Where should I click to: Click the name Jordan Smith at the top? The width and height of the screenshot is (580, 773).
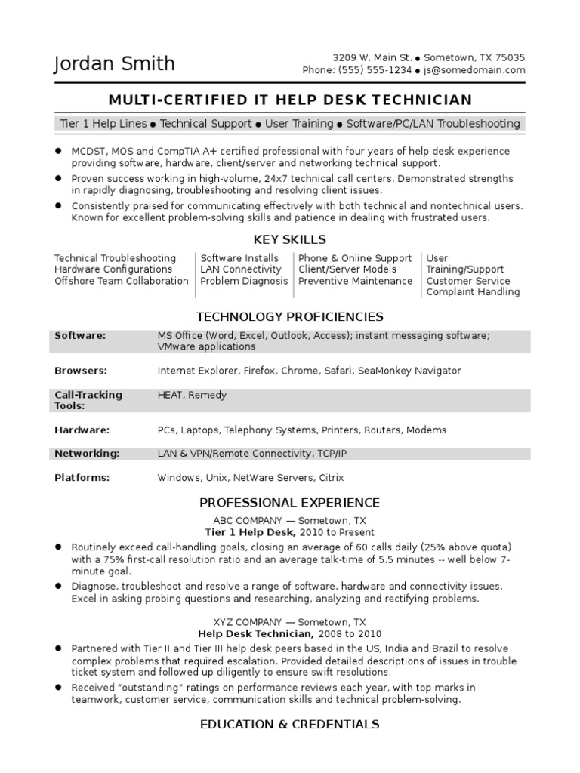click(x=114, y=64)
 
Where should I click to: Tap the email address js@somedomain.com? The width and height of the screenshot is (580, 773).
click(x=474, y=70)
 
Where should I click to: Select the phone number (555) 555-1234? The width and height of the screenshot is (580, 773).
click(x=369, y=70)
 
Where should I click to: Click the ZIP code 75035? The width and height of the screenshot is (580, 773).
click(x=510, y=57)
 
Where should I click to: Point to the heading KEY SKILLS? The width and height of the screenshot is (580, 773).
click(x=290, y=240)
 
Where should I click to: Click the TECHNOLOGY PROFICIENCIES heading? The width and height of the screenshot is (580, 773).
click(x=290, y=316)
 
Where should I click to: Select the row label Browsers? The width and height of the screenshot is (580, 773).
click(x=81, y=371)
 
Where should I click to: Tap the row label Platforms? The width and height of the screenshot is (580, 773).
click(x=82, y=477)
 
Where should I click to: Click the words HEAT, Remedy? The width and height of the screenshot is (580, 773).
click(x=192, y=395)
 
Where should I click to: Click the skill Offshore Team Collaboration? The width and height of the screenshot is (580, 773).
click(x=122, y=281)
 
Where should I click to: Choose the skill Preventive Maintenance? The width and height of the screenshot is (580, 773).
click(x=355, y=281)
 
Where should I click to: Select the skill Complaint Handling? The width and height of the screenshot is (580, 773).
click(x=473, y=292)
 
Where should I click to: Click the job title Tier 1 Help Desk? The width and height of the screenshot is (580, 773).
click(x=248, y=531)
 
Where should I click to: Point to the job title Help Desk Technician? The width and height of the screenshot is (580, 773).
click(x=255, y=633)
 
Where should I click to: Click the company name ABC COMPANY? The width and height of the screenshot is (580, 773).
click(x=246, y=520)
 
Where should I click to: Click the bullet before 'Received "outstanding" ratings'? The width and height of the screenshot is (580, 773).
click(x=58, y=688)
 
